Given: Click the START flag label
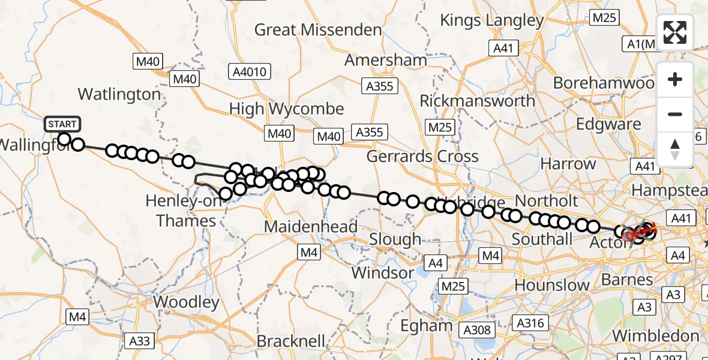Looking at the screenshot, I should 62,124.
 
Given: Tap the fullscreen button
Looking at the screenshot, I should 675,32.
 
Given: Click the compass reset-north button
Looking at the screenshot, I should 675,149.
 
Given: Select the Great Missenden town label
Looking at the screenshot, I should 318,29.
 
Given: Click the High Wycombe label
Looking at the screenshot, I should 287,109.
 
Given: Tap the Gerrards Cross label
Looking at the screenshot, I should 422,157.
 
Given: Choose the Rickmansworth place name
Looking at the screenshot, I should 477,101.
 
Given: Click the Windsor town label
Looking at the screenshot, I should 382,273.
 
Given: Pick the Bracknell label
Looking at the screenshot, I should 290,341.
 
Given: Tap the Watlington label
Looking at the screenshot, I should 119,94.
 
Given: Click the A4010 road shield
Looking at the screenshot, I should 250,72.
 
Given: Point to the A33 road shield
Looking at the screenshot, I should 140,341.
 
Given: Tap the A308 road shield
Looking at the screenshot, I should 478,329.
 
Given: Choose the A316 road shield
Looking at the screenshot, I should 530,323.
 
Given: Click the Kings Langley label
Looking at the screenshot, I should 491,20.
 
